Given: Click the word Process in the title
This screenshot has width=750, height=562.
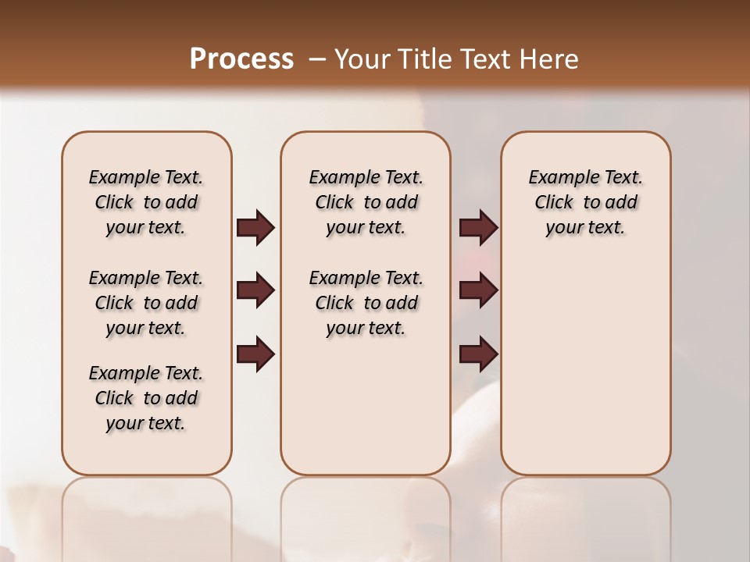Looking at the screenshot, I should tap(241, 59).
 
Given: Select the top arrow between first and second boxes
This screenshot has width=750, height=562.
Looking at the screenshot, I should tap(255, 228).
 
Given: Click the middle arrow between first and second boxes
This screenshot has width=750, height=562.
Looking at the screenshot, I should tap(255, 290).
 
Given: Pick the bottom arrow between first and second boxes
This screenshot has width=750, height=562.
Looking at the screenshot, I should tap(255, 354).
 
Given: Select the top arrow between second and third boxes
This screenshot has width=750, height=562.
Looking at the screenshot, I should tap(478, 228).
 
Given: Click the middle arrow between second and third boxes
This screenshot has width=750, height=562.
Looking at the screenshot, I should tap(478, 290).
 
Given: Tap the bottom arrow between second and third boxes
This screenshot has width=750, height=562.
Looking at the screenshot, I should tap(478, 354).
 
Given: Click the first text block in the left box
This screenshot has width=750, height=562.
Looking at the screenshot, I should tap(146, 202).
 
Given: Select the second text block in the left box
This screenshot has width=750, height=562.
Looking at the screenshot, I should tap(146, 303).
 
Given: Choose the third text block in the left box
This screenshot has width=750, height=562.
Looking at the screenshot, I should tap(146, 398).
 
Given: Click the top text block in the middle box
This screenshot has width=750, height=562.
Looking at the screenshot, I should tap(366, 202).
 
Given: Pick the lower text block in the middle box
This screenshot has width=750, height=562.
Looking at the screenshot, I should tap(366, 303).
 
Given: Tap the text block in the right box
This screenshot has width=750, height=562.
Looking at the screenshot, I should tap(586, 202).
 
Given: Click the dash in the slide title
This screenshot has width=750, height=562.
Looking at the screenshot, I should tap(317, 59).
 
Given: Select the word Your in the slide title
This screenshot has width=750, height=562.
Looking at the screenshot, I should tap(360, 59).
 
